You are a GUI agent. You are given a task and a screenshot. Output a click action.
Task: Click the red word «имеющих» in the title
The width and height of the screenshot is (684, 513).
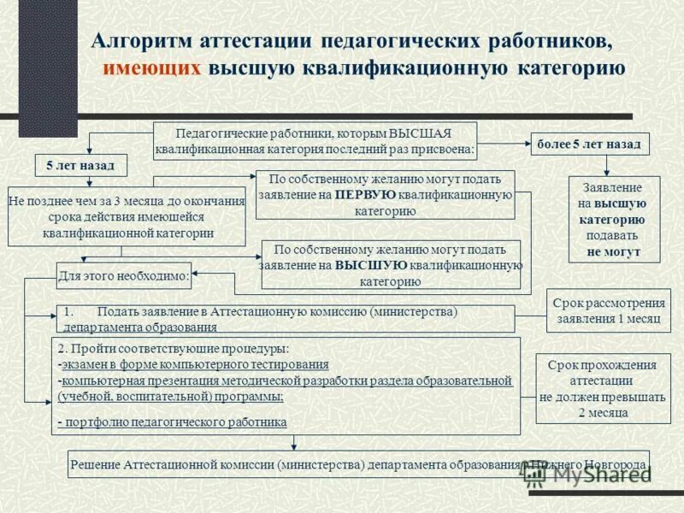153,68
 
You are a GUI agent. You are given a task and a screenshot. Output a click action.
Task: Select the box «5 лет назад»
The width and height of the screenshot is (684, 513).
80,164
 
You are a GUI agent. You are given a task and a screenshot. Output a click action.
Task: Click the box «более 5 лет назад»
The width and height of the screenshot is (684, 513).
589,144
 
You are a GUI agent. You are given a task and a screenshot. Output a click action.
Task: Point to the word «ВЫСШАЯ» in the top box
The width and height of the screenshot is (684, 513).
420,133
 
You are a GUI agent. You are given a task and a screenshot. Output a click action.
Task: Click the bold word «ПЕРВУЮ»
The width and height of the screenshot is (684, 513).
364,195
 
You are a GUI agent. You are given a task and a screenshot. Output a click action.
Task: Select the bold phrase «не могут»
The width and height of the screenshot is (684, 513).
612,252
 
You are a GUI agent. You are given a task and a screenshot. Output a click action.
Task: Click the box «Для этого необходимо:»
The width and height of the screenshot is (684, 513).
124,275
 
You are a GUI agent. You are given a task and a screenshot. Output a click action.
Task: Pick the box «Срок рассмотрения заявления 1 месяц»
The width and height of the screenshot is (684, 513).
609,311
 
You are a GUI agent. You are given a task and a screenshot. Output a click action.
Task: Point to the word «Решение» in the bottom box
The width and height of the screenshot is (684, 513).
95,465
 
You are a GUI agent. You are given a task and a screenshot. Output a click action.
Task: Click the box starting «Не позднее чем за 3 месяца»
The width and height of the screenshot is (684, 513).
127,216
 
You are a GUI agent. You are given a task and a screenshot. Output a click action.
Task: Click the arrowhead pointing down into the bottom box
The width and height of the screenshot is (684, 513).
294,445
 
